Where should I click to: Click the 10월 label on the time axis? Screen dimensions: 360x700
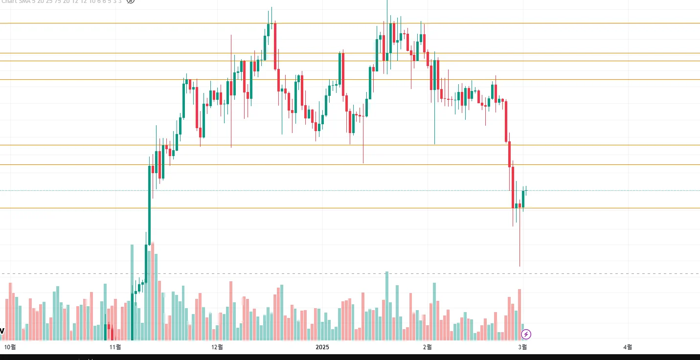pos(10,347)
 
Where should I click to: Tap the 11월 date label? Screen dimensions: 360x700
pos(115,347)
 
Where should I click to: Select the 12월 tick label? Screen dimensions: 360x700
pos(217,347)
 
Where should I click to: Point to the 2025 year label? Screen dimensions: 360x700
pos(322,347)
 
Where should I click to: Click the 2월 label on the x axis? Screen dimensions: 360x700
pos(427,347)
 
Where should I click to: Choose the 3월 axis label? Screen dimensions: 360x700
pos(522,347)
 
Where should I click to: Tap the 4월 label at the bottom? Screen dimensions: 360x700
pos(628,347)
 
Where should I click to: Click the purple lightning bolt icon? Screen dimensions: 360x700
pos(526,335)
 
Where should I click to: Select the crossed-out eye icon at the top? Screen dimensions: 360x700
pos(130,1)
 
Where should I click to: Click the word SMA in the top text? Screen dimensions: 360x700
pos(24,1)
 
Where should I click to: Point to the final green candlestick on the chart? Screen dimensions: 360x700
pos(523,199)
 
